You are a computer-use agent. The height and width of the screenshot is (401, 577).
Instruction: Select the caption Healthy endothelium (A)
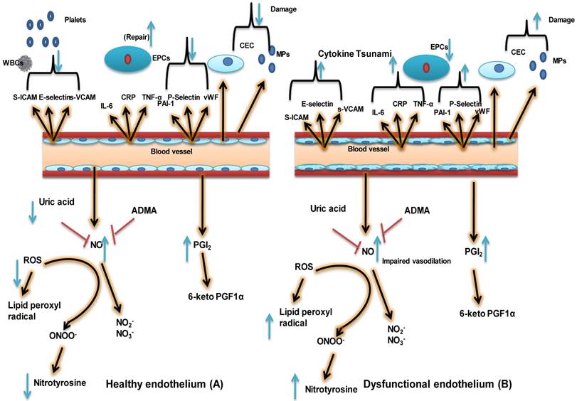164,384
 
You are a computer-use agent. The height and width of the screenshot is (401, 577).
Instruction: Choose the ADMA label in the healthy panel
144,211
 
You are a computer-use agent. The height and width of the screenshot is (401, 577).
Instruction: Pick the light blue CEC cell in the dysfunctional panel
497,69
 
